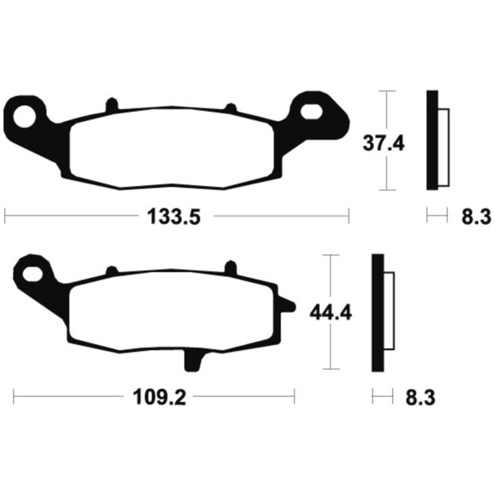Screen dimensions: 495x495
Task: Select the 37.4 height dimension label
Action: pyautogui.click(x=384, y=143)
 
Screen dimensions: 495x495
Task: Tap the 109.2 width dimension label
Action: pyautogui.click(x=159, y=397)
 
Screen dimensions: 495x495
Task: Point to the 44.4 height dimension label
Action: pyautogui.click(x=330, y=313)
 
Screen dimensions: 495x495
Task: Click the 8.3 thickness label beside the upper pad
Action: pyautogui.click(x=476, y=217)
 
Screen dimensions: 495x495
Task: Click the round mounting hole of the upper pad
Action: pyautogui.click(x=24, y=116)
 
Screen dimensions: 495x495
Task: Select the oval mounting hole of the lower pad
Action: pyautogui.click(x=33, y=274)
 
